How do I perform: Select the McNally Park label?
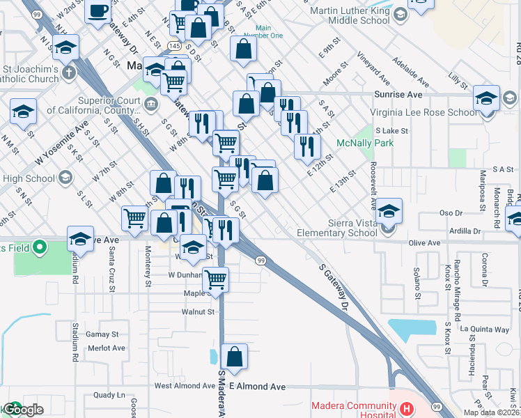pyautogui.click(x=365, y=143)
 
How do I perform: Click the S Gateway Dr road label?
pyautogui.click(x=334, y=286)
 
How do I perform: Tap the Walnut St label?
pyautogui.click(x=198, y=312)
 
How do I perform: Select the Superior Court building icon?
pyautogui.click(x=151, y=104)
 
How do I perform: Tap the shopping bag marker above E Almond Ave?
pyautogui.click(x=235, y=355)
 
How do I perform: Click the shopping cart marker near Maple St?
pyautogui.click(x=216, y=279)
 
